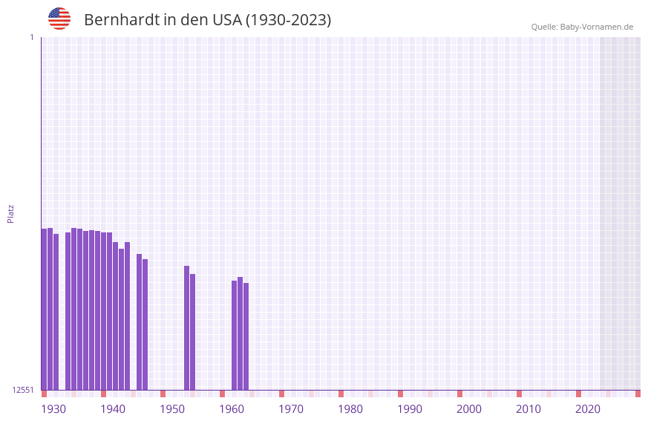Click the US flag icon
point(59,19)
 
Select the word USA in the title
point(226,20)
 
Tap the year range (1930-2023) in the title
point(288,20)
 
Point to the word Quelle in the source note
point(543,27)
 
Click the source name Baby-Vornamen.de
point(597,27)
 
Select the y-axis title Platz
point(10,213)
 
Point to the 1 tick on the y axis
point(31,37)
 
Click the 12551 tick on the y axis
point(23,390)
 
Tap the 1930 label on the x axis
point(53,409)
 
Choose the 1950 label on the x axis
point(172,409)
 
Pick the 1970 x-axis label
point(291,409)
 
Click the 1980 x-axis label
point(350,409)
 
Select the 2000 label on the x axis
point(469,409)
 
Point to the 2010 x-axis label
point(528,409)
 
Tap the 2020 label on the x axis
point(588,409)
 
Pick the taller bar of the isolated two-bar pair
point(186,327)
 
